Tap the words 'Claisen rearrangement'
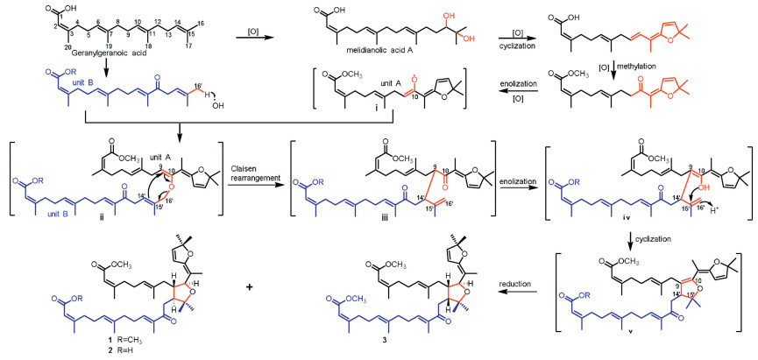pyautogui.click(x=264, y=171)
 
